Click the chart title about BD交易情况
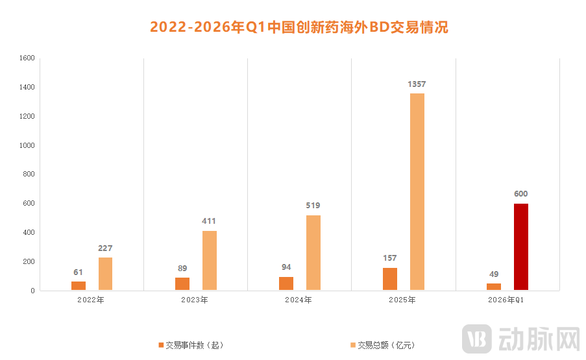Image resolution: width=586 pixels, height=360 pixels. (x=299, y=27)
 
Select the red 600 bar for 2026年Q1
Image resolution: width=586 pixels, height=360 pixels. (x=520, y=247)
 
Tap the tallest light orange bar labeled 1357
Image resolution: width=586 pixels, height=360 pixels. (x=417, y=192)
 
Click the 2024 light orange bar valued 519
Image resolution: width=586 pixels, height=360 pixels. (x=313, y=253)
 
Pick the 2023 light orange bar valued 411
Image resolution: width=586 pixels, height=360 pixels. (x=209, y=261)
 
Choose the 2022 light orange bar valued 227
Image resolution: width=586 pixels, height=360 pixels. (x=105, y=274)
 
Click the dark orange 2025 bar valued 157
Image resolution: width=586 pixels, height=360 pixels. (x=389, y=279)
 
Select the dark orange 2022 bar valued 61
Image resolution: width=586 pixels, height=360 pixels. (x=78, y=286)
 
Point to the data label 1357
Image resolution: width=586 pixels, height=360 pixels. (x=417, y=84)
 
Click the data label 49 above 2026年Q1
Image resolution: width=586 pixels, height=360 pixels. (x=494, y=274)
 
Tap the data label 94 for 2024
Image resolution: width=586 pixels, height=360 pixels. (x=286, y=268)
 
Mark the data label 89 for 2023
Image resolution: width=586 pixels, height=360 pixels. (x=182, y=269)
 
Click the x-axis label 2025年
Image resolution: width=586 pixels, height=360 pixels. (x=403, y=300)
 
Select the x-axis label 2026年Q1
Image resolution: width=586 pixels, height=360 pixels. (x=507, y=300)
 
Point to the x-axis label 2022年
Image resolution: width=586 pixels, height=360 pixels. (x=91, y=300)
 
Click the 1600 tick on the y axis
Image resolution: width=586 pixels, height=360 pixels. (x=27, y=58)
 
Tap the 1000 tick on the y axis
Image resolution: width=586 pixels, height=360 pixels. (x=27, y=145)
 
